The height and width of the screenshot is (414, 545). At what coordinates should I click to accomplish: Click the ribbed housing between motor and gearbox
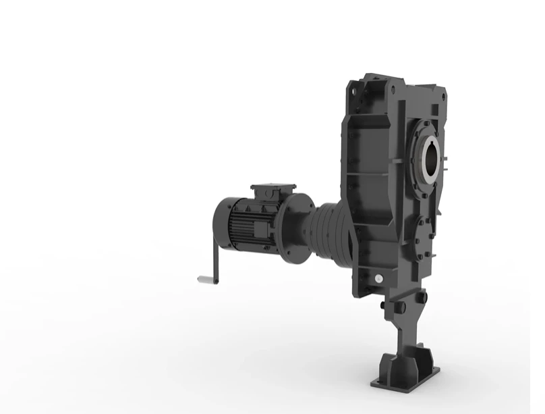tap(331, 230)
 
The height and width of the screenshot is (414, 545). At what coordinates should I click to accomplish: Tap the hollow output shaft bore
tap(430, 156)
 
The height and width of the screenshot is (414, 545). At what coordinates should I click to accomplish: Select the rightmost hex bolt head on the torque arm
tap(424, 298)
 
